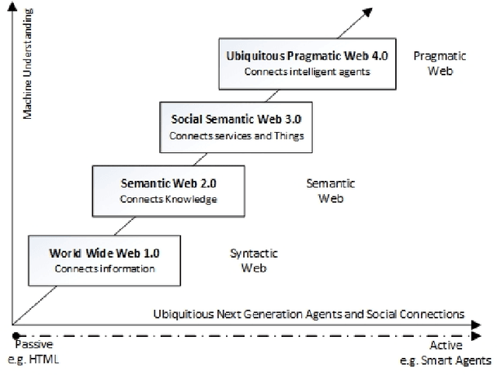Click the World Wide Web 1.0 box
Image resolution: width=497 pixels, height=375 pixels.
pos(104,260)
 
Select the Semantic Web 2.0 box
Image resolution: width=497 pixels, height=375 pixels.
pos(168,191)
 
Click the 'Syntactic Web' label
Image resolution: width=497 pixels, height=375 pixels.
pos(254,260)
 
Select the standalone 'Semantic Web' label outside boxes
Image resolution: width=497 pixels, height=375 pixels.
pos(331,190)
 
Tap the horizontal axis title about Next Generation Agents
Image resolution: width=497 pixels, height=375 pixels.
pos(308,314)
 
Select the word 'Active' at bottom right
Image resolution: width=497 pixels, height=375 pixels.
pos(446,345)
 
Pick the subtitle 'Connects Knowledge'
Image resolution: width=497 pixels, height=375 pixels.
pos(168,200)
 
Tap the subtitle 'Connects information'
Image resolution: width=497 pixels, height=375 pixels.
pos(104,269)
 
